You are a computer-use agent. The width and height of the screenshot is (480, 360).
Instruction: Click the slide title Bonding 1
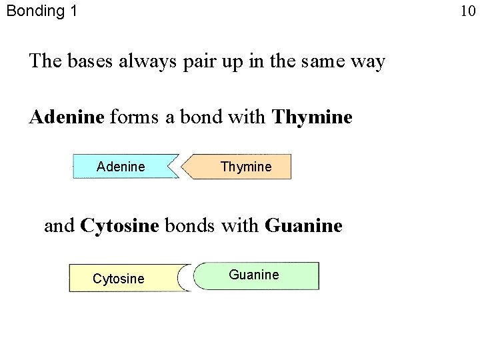[41, 11]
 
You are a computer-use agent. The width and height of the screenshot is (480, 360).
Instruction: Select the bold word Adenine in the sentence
[67, 117]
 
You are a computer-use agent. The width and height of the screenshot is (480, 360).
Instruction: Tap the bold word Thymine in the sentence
[312, 118]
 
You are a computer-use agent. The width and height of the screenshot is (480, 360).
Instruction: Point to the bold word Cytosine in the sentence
[119, 225]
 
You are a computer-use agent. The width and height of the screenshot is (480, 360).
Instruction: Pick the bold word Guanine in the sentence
[303, 225]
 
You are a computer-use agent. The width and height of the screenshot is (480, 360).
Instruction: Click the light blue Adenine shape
[121, 166]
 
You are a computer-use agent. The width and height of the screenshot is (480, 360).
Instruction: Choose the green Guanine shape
[260, 275]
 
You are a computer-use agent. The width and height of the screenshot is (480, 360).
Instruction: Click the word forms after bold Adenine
[131, 118]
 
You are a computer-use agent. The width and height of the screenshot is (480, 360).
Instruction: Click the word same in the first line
[321, 62]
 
